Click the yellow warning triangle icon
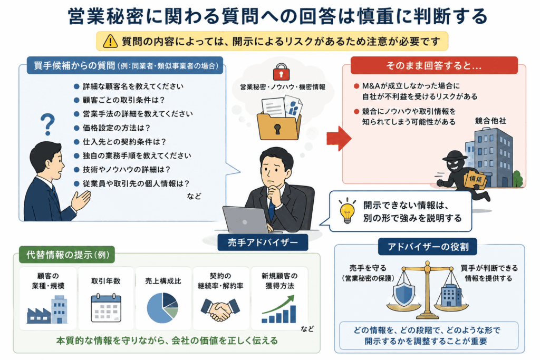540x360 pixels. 110,41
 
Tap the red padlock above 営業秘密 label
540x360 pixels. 281,72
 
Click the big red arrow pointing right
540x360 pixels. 339,138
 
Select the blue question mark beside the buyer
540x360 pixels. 47,124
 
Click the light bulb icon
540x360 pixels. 347,211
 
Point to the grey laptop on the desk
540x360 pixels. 245,220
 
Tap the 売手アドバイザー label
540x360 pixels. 263,242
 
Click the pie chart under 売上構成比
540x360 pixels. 162,308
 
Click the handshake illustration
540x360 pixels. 220,309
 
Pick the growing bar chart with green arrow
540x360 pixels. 279,309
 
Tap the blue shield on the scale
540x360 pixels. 403,294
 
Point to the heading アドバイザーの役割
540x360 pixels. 428,247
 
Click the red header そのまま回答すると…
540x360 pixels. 434,65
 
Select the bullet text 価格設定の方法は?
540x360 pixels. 117,128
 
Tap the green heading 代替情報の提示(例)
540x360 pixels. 67,255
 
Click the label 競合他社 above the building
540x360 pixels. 490,121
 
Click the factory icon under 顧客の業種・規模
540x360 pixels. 47,310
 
